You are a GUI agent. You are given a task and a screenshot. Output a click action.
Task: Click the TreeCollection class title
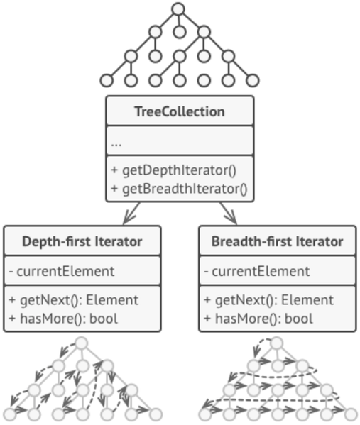pyautogui.click(x=179, y=111)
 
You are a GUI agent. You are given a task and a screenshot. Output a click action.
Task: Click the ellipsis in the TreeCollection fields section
pyautogui.click(x=117, y=142)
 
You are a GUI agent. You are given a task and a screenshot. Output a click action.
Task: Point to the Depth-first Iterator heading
pyautogui.click(x=82, y=241)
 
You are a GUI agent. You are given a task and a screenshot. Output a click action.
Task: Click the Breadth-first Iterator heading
pyautogui.click(x=277, y=241)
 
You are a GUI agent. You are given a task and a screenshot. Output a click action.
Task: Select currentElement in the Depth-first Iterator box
pyautogui.click(x=64, y=271)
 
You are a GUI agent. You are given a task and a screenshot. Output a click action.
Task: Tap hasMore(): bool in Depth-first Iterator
pyautogui.click(x=62, y=317)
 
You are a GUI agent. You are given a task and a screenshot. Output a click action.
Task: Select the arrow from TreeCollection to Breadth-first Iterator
pyautogui.click(x=228, y=212)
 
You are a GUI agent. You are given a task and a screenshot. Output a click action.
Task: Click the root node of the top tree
pyautogui.click(x=178, y=9)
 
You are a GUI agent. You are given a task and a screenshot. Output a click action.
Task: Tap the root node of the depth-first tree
pyautogui.click(x=82, y=344)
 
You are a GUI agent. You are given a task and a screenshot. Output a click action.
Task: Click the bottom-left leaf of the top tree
pyautogui.click(x=107, y=80)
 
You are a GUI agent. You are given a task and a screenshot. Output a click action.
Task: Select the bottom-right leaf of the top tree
pyautogui.click(x=252, y=80)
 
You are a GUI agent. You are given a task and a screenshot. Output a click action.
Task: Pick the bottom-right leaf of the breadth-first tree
pyautogui.click(x=350, y=414)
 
